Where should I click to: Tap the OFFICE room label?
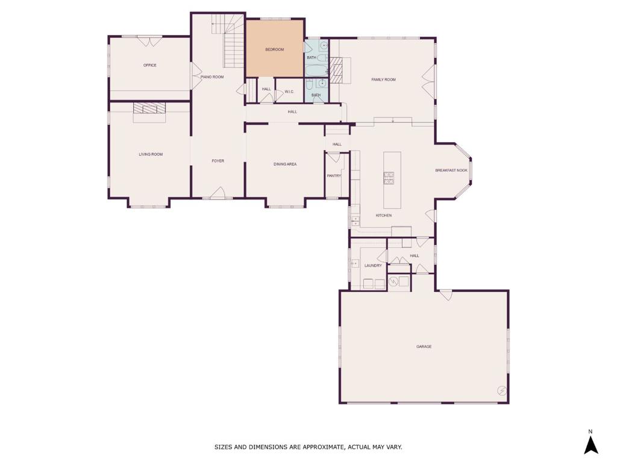[x=150, y=65]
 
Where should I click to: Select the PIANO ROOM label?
[x=212, y=77]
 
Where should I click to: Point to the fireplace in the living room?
[x=149, y=109]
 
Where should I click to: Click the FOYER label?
[x=218, y=161]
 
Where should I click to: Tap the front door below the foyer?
[x=218, y=194]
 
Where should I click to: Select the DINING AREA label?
[x=285, y=164]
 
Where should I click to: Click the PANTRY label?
[x=334, y=176]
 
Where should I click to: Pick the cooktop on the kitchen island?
[x=389, y=177]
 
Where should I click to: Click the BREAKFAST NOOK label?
[x=451, y=171]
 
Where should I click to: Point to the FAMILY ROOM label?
[x=383, y=80]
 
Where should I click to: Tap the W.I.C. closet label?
[x=289, y=92]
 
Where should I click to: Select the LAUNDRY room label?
[x=373, y=265]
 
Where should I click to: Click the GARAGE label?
[x=424, y=347]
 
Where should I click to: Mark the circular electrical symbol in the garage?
[x=501, y=391]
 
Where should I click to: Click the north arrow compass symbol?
[x=590, y=445]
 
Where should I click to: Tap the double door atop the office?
[x=149, y=41]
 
